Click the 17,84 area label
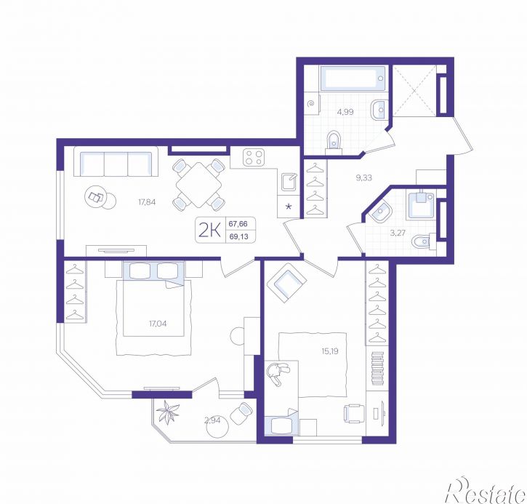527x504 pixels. coord(147,202)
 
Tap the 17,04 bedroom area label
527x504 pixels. coord(158,324)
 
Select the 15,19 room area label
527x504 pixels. coord(330,351)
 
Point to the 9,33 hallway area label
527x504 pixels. coord(363,177)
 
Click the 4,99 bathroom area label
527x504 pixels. coord(345,111)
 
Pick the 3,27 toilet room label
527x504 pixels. coord(398,233)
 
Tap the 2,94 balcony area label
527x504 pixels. coord(213,420)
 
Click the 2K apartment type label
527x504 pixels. coord(210,231)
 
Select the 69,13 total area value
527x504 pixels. coord(238,236)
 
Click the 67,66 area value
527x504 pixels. coord(238,223)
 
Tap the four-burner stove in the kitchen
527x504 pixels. coord(254,157)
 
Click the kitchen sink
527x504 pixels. coord(289,182)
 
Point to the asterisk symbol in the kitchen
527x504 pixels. coord(289,207)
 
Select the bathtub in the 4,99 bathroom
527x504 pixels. coord(353,78)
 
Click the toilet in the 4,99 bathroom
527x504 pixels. coord(334,141)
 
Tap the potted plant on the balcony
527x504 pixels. coord(168,411)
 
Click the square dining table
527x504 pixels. coord(198,185)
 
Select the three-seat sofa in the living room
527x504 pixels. coord(116,161)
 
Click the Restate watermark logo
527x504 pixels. coord(486,491)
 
